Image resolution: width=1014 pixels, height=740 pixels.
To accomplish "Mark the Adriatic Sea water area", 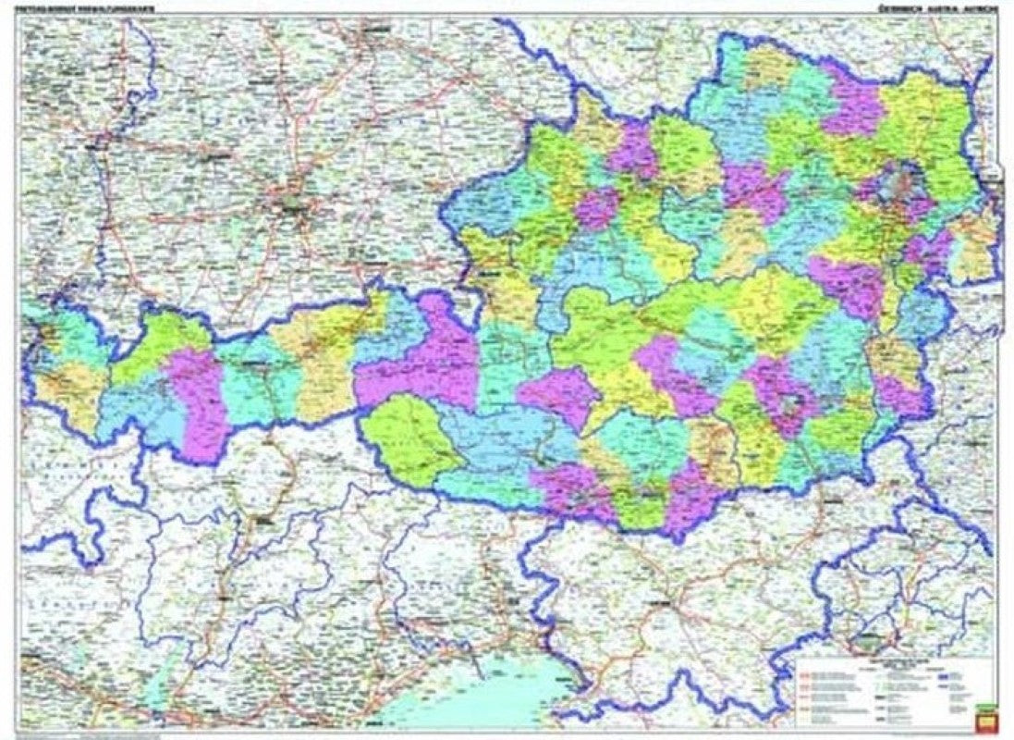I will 481,703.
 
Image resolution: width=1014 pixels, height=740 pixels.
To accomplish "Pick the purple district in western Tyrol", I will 199,402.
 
